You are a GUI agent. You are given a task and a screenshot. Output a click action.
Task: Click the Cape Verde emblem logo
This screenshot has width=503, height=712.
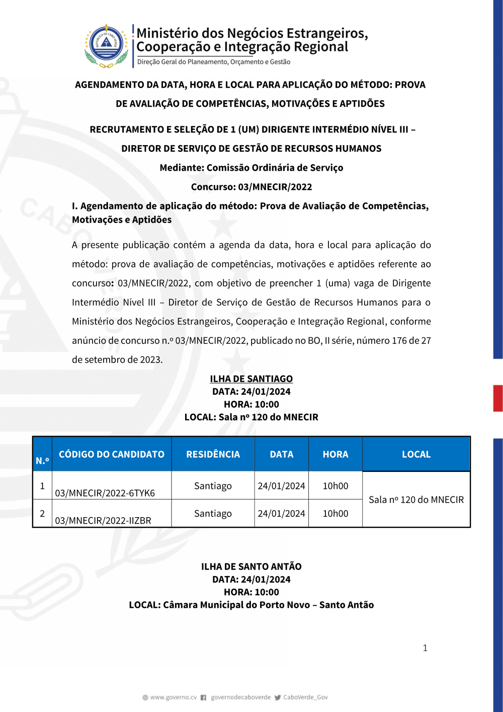(x=106, y=46)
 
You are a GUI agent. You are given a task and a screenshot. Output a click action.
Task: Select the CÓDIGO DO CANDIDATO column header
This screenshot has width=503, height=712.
(x=112, y=454)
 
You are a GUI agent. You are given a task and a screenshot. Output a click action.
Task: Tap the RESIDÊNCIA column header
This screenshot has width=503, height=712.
(x=213, y=454)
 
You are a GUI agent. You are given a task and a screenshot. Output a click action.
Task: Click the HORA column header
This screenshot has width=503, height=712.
(x=336, y=454)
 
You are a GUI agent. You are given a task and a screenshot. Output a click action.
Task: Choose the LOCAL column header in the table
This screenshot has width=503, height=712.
(x=416, y=454)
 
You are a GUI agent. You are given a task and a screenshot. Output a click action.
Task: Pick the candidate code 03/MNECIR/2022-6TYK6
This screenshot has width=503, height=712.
(x=105, y=493)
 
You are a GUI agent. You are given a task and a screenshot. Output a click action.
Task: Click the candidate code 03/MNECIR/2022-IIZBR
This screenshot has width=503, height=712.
(x=103, y=521)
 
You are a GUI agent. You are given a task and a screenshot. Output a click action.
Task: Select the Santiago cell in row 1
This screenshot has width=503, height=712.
(x=213, y=486)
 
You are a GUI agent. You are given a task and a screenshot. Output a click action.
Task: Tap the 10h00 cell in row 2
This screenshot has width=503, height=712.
(x=336, y=514)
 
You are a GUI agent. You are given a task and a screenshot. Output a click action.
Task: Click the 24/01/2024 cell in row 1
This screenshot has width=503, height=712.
(x=281, y=486)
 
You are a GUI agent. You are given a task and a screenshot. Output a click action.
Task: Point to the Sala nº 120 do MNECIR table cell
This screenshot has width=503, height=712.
(x=416, y=500)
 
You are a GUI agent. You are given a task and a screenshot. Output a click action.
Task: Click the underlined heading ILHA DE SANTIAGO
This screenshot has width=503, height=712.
(x=251, y=379)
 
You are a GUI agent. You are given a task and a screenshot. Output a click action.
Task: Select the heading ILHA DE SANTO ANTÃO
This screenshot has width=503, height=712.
(x=251, y=566)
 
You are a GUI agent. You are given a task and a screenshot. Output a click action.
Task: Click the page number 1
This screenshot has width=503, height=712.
(x=425, y=648)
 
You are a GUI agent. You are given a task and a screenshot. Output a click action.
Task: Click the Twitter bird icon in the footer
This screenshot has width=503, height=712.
(x=278, y=697)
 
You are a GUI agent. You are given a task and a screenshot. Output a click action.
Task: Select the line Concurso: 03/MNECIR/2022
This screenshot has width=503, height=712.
(x=251, y=187)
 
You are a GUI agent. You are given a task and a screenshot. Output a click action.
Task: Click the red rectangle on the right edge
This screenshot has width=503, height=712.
(x=498, y=398)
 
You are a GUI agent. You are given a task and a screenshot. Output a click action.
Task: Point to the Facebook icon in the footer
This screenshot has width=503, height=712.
(x=203, y=697)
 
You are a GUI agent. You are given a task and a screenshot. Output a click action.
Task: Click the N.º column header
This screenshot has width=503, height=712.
(x=42, y=460)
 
